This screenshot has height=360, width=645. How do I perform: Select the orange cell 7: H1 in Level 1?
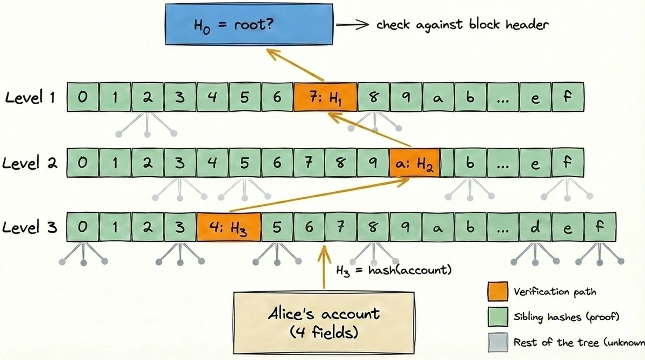[325, 97]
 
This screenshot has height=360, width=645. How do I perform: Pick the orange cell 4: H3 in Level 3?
[228, 227]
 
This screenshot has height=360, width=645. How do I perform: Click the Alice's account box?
[324, 320]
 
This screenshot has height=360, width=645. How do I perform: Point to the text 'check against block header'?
[463, 25]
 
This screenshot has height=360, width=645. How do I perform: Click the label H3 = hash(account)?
[393, 270]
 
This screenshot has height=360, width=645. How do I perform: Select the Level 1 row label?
[32, 98]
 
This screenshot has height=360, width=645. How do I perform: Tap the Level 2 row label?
[32, 163]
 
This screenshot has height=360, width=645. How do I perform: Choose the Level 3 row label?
[32, 227]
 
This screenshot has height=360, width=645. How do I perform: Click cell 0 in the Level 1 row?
[82, 97]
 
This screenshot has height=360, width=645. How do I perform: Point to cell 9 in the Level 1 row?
[406, 97]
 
